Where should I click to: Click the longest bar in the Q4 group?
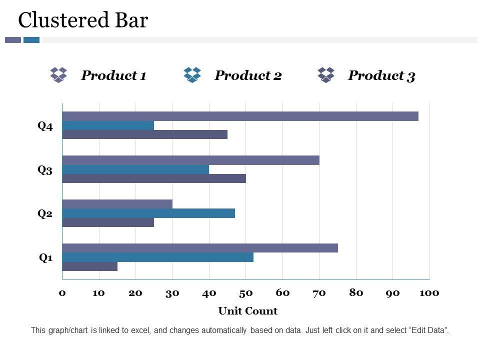click(x=240, y=116)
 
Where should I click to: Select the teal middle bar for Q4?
click(x=108, y=125)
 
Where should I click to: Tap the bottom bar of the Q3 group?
click(x=154, y=178)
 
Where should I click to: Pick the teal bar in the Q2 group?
click(x=148, y=213)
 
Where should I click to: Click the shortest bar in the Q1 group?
click(x=90, y=266)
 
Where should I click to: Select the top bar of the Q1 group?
click(x=200, y=248)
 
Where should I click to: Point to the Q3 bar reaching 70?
click(x=190, y=160)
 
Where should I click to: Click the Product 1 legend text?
click(x=113, y=75)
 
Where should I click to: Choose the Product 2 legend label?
click(x=248, y=75)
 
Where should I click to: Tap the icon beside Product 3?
click(x=326, y=75)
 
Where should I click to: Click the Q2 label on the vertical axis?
click(x=45, y=214)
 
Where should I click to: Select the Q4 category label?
click(x=45, y=126)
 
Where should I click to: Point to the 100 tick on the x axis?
click(x=429, y=293)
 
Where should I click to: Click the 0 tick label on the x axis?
click(x=62, y=293)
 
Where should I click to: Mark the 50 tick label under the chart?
click(x=245, y=293)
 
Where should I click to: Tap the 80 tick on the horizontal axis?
click(x=356, y=293)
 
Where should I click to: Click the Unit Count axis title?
click(x=247, y=311)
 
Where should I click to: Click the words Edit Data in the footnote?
click(x=428, y=330)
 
